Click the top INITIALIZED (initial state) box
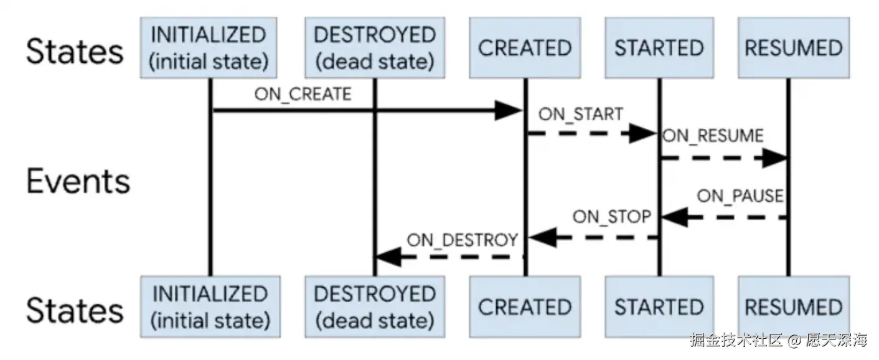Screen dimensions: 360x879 pos(210,47)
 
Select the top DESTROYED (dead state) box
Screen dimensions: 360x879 pos(374,47)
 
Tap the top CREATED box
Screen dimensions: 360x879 pos(525,48)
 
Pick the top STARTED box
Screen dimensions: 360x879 pos(659,48)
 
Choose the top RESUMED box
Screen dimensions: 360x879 pos(793,48)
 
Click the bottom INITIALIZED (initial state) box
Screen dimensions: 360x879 pos(210,306)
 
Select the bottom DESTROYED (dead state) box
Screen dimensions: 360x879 pos(374,306)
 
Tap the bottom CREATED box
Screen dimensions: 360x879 pos(525,307)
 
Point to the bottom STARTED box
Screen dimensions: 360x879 pos(659,307)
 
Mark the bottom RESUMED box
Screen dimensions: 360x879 pos(793,307)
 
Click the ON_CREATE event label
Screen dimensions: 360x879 pos(303,94)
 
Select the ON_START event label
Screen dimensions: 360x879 pos(580,114)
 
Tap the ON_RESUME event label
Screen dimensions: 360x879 pos(713,136)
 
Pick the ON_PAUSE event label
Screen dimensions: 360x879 pos(740,196)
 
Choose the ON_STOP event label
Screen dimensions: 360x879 pos(612,217)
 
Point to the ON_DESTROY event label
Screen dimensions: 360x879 pos(463,239)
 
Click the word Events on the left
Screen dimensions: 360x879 pos(78,181)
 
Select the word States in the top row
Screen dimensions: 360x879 pos(74,50)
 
